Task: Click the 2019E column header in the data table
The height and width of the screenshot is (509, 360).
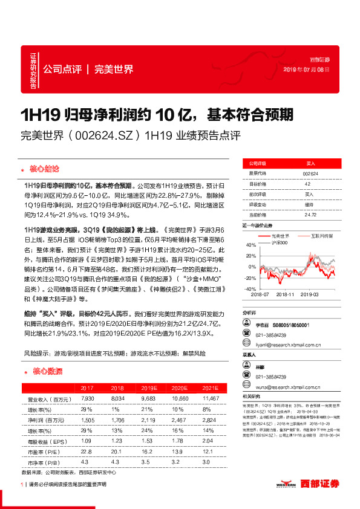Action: click(149, 387)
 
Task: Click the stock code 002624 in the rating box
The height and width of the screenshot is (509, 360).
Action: click(310, 173)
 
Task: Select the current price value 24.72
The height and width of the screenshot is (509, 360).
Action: click(310, 214)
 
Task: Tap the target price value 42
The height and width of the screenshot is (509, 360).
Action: click(307, 183)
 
